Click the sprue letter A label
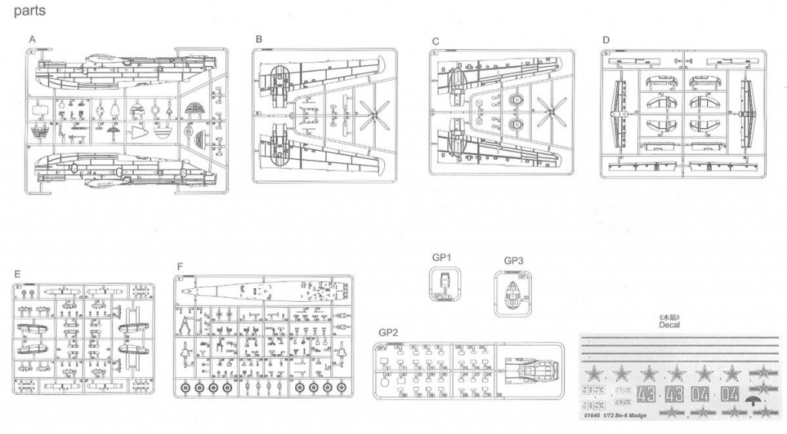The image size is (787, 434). (32, 38)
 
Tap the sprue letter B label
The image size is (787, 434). (259, 38)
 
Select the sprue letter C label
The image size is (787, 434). (436, 41)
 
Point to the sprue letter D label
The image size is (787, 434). (606, 39)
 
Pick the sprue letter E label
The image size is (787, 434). (17, 273)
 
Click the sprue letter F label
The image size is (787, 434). (180, 267)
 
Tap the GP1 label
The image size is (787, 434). (441, 257)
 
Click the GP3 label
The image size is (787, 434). (514, 260)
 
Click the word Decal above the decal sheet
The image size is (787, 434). (669, 325)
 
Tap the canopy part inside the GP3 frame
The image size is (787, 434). (513, 293)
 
